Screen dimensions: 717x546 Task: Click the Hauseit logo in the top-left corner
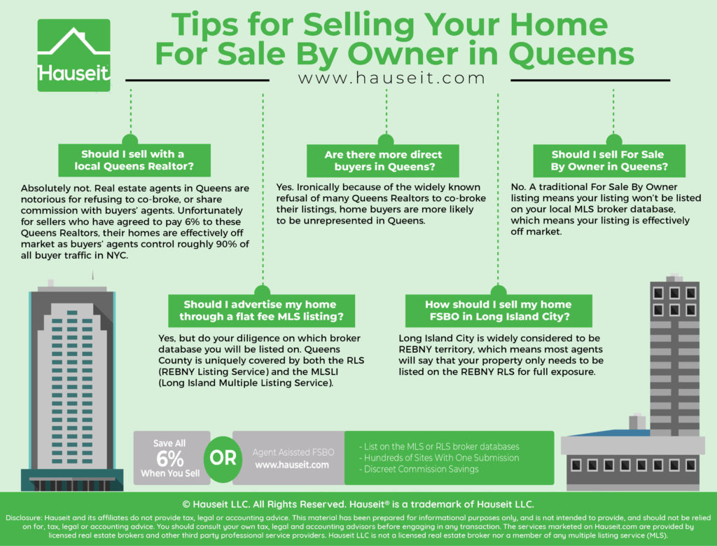74,55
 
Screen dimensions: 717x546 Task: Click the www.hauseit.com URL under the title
391,78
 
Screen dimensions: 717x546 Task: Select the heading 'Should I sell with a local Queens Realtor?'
134,161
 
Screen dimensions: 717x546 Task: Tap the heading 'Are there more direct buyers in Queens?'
383,161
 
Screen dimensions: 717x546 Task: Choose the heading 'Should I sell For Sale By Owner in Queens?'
609,161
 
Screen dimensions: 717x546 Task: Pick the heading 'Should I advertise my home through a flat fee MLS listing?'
261,310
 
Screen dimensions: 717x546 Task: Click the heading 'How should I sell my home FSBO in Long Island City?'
499,310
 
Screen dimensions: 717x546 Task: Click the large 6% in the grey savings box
169,458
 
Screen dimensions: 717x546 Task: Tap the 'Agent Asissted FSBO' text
293,452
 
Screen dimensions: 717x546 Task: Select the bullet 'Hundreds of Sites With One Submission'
439,458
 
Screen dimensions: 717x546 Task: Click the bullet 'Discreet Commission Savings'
419,469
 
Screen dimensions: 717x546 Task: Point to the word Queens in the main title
571,55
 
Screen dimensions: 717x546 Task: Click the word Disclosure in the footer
24,518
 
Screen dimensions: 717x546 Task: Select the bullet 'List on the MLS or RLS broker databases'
439,446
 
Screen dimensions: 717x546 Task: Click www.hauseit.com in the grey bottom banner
292,465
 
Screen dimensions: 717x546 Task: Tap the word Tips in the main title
207,25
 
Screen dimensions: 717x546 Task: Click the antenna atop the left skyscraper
93,275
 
